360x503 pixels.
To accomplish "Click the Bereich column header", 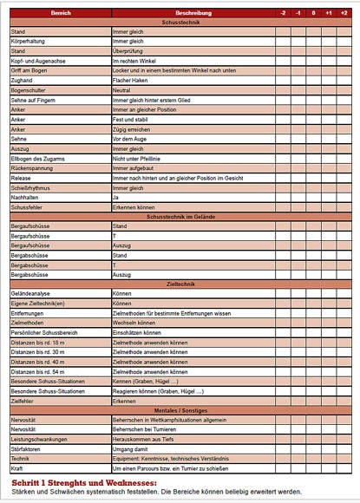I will click(60, 14).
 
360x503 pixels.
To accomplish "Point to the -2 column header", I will click(283, 14).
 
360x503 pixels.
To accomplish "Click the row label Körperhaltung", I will click(29, 41).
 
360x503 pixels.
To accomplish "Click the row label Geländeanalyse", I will click(33, 294).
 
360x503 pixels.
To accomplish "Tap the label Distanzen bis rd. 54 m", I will click(43, 372).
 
